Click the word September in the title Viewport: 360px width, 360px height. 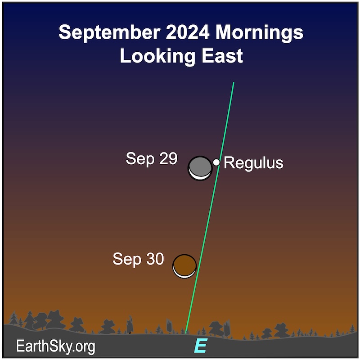point(109,33)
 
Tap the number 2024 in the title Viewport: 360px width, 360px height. point(188,32)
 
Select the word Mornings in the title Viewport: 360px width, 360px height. point(259,33)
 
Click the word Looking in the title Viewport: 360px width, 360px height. point(157,57)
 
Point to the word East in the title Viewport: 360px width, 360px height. point(222,56)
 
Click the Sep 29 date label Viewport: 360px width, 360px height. point(152,158)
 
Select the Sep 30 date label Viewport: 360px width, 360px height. point(138,259)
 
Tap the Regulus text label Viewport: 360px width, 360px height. point(253,163)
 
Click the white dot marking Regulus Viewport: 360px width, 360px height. point(216,162)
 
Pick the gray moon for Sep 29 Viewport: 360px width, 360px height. point(200,168)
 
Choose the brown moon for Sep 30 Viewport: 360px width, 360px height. point(184,266)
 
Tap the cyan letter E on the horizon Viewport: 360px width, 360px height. point(201,345)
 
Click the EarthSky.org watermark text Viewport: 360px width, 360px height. point(55,346)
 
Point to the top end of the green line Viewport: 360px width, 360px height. point(234,82)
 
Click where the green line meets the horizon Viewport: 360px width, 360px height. point(185,333)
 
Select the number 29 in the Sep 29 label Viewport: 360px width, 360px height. point(168,158)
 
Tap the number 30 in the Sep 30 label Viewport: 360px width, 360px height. point(155,258)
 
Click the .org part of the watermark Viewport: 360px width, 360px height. point(83,347)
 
